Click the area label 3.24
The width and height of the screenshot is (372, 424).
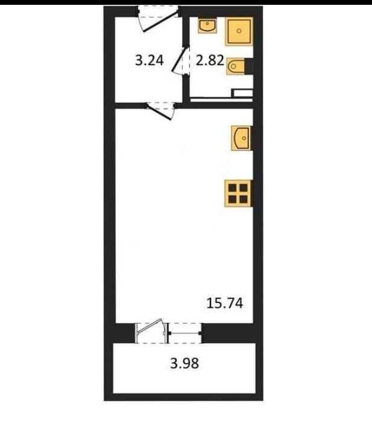(x=149, y=60)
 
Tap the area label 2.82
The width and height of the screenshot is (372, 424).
(x=210, y=60)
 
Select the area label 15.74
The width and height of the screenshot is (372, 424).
(x=225, y=303)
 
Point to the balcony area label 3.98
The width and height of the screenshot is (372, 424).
(x=184, y=363)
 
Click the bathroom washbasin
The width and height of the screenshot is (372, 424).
(x=207, y=26)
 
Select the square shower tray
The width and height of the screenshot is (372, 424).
(x=239, y=31)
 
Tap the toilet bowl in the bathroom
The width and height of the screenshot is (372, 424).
(x=236, y=66)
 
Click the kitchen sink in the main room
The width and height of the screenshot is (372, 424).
(x=242, y=138)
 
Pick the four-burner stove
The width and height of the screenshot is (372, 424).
(x=238, y=193)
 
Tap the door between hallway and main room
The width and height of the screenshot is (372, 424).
(x=159, y=111)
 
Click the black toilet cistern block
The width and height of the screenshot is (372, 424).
(x=249, y=66)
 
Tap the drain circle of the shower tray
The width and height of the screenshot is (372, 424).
(x=239, y=31)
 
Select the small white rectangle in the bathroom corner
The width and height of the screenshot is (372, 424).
(x=243, y=93)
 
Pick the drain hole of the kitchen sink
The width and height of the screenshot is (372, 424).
(x=244, y=138)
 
